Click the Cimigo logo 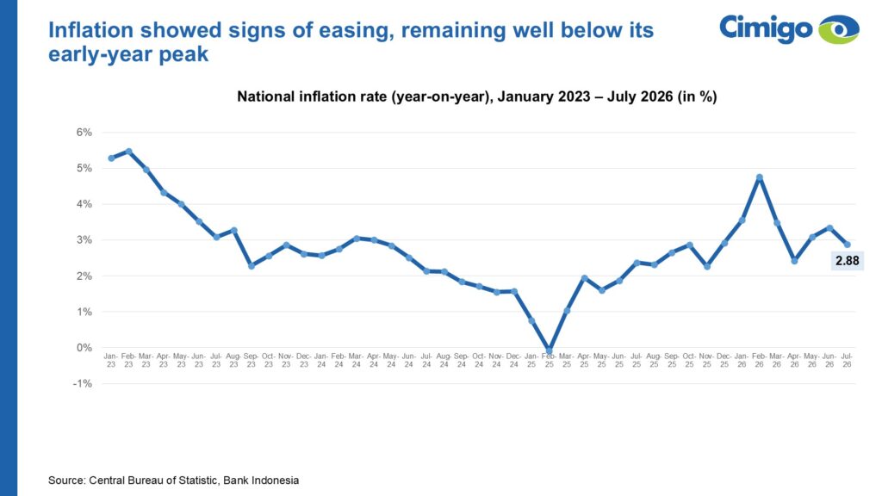(789, 28)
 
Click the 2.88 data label (848, 260)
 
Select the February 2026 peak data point (760, 177)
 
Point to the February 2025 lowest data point (549, 350)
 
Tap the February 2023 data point (129, 152)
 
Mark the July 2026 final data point (848, 245)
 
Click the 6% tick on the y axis (84, 132)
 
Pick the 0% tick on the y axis (84, 348)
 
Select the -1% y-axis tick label (82, 383)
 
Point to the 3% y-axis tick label (84, 240)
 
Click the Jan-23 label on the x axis (111, 360)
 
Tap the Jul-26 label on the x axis (848, 360)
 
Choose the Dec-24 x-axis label (513, 360)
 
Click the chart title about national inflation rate (477, 96)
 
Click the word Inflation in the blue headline (90, 30)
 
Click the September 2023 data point (252, 265)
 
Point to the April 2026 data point (794, 261)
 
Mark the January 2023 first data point (111, 158)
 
